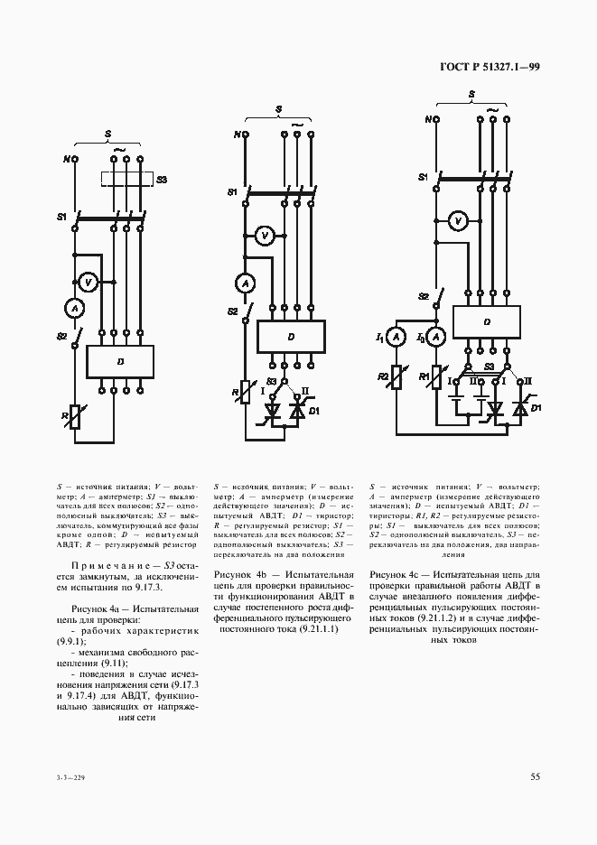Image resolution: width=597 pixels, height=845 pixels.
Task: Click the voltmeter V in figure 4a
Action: coord(89,283)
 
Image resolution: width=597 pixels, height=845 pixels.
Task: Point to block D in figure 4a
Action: coord(121,362)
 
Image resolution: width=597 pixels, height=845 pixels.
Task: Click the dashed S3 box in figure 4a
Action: coord(126,180)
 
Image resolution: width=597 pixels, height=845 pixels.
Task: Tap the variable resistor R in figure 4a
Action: coord(76,417)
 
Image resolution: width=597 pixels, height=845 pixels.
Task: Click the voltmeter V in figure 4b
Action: coord(264,237)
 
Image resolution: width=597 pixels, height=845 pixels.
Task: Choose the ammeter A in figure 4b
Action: coord(243,283)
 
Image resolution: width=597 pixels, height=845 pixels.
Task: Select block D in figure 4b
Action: coord(291,336)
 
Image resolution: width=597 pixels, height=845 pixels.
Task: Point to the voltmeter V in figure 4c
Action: coord(457,220)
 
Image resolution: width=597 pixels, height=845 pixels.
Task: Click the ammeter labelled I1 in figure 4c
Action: coord(395,337)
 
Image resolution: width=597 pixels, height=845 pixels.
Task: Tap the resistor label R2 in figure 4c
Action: coord(383,376)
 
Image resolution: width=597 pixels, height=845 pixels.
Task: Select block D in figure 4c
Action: coord(486,321)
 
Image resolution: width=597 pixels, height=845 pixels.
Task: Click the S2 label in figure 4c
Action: coord(423,296)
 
